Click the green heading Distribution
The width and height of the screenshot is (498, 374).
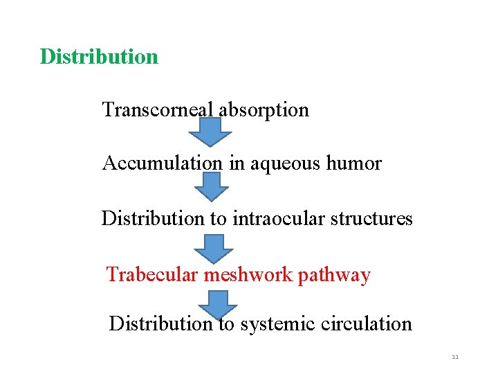99,56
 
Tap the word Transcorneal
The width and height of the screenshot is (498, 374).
158,109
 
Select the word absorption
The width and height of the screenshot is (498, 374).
264,109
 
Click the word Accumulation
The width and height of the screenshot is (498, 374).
162,163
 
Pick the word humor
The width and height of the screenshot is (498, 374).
353,163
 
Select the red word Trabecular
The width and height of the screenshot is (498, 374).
152,275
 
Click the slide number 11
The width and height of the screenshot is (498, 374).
455,357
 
